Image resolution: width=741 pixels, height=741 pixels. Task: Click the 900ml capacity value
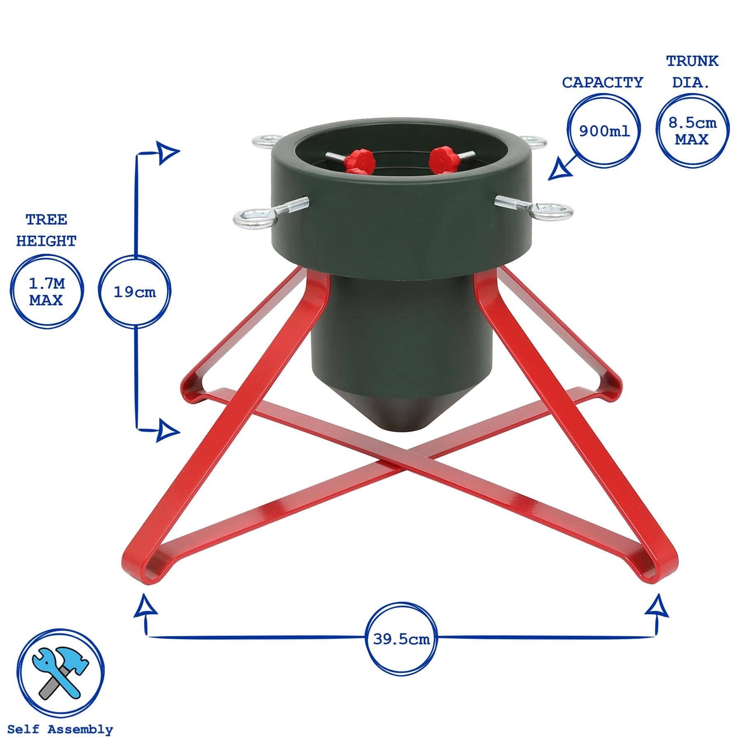604,131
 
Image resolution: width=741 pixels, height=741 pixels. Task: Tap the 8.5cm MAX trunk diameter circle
692,131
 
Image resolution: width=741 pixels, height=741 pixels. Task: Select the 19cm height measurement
135,292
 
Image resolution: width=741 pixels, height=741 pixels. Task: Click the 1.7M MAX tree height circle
46,291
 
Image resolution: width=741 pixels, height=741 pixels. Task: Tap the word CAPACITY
602,83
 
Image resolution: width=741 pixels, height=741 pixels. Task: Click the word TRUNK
692,61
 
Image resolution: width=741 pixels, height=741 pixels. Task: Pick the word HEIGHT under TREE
46,241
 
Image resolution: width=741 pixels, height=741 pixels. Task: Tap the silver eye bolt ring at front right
549,210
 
